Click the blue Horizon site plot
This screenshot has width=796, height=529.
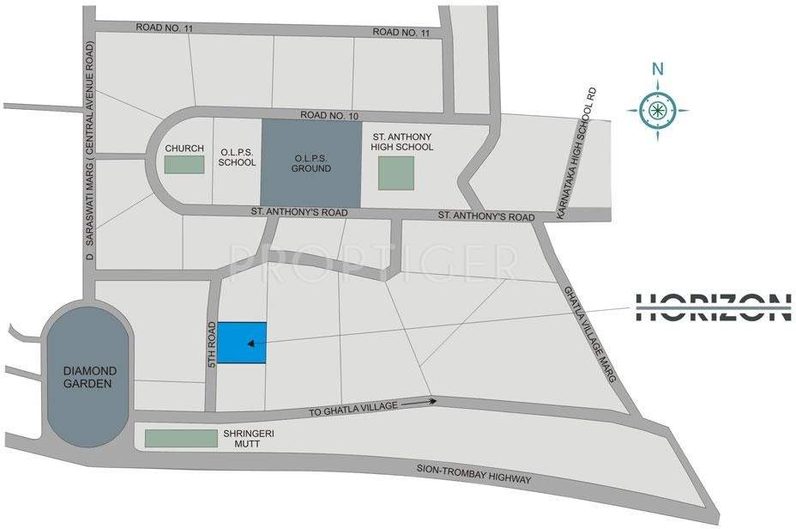240,342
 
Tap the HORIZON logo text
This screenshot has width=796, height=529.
713,307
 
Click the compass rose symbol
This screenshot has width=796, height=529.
657,109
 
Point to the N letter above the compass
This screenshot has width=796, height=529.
657,70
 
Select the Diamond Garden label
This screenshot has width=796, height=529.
87,377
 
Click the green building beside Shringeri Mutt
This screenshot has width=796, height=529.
180,438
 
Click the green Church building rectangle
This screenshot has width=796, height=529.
184,165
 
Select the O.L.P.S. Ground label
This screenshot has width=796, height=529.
311,165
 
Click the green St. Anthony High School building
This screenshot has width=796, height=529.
395,173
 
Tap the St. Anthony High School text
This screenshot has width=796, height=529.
402,142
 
